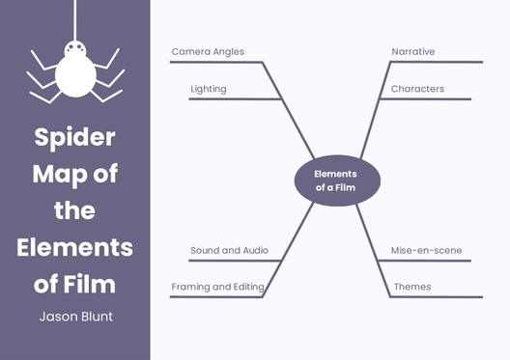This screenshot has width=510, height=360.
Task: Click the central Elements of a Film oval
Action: [336, 180]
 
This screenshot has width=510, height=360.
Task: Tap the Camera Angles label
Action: [208, 51]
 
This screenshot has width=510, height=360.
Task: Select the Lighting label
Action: [209, 89]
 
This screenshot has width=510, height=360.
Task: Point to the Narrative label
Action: [413, 51]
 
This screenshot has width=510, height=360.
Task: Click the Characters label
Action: [417, 89]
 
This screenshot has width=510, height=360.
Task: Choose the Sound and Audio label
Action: [229, 250]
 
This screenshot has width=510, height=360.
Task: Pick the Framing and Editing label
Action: [217, 287]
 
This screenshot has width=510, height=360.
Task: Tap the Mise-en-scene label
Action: [426, 250]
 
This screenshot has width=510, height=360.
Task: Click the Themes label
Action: [412, 287]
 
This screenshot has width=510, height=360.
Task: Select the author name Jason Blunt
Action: [74, 317]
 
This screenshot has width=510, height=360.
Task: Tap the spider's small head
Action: [74, 46]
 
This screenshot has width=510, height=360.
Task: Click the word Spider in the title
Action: [74, 137]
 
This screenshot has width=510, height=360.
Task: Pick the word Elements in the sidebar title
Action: [74, 246]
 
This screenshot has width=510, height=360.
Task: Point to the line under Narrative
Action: [435, 63]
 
